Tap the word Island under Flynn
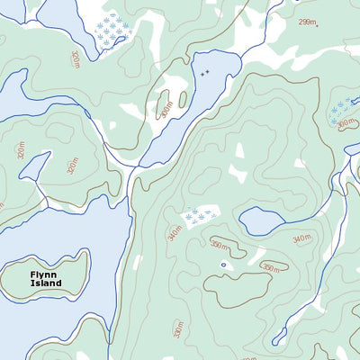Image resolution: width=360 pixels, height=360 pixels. click(x=45, y=283)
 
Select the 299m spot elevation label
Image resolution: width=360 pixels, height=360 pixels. click(x=308, y=22)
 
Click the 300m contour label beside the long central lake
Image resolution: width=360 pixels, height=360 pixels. click(x=166, y=109)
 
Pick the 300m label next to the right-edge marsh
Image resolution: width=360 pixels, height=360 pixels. click(x=346, y=124)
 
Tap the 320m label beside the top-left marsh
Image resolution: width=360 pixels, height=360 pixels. click(x=75, y=59)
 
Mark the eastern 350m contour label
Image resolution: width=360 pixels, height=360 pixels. click(x=270, y=267)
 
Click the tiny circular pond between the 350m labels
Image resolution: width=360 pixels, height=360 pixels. click(x=223, y=265)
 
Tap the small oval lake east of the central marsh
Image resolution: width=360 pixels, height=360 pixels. click(x=262, y=220)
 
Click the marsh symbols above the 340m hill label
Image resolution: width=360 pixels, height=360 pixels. click(x=199, y=215)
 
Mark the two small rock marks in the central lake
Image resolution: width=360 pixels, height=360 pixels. click(x=205, y=72)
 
